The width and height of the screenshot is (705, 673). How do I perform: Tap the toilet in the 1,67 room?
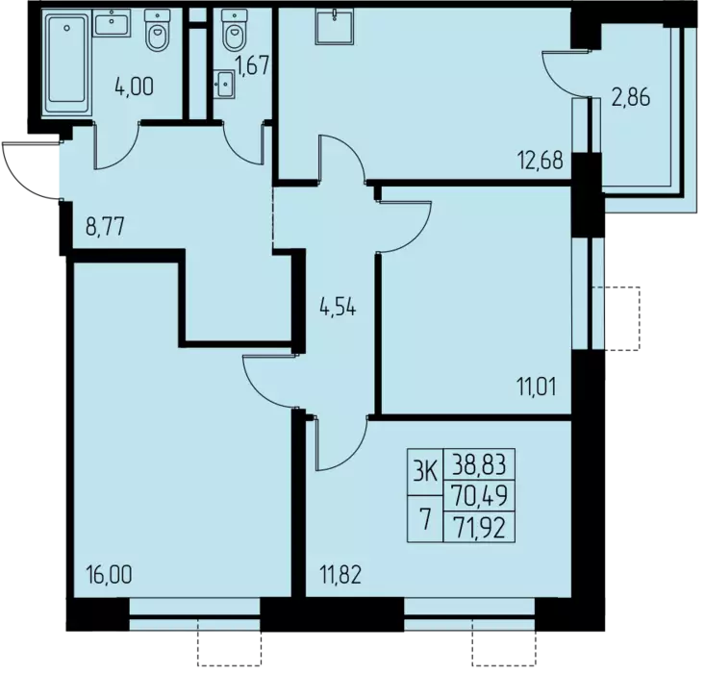(235, 31)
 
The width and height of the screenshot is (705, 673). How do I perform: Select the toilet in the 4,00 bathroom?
(158, 31)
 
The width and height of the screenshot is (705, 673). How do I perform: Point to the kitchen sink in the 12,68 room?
(335, 28)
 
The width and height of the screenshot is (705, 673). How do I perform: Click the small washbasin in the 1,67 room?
(224, 84)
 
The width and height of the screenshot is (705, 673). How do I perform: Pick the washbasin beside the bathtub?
(112, 22)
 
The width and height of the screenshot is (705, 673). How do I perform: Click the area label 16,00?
(110, 575)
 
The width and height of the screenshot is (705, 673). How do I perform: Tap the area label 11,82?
(340, 575)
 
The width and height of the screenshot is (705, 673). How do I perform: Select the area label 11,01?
(538, 387)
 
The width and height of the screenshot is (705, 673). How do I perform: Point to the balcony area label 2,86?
(631, 98)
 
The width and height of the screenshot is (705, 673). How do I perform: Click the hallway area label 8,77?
(105, 227)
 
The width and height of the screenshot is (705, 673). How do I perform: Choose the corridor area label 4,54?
(338, 309)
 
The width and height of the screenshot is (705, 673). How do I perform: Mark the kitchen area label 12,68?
(541, 161)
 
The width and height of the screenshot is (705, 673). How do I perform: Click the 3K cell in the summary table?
(425, 472)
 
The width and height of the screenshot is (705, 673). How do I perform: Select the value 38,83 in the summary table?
(479, 464)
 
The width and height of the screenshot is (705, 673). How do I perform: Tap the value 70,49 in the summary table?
(479, 495)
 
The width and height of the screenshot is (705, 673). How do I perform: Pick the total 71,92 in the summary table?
(479, 527)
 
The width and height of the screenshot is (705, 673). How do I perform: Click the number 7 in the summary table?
(424, 520)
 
